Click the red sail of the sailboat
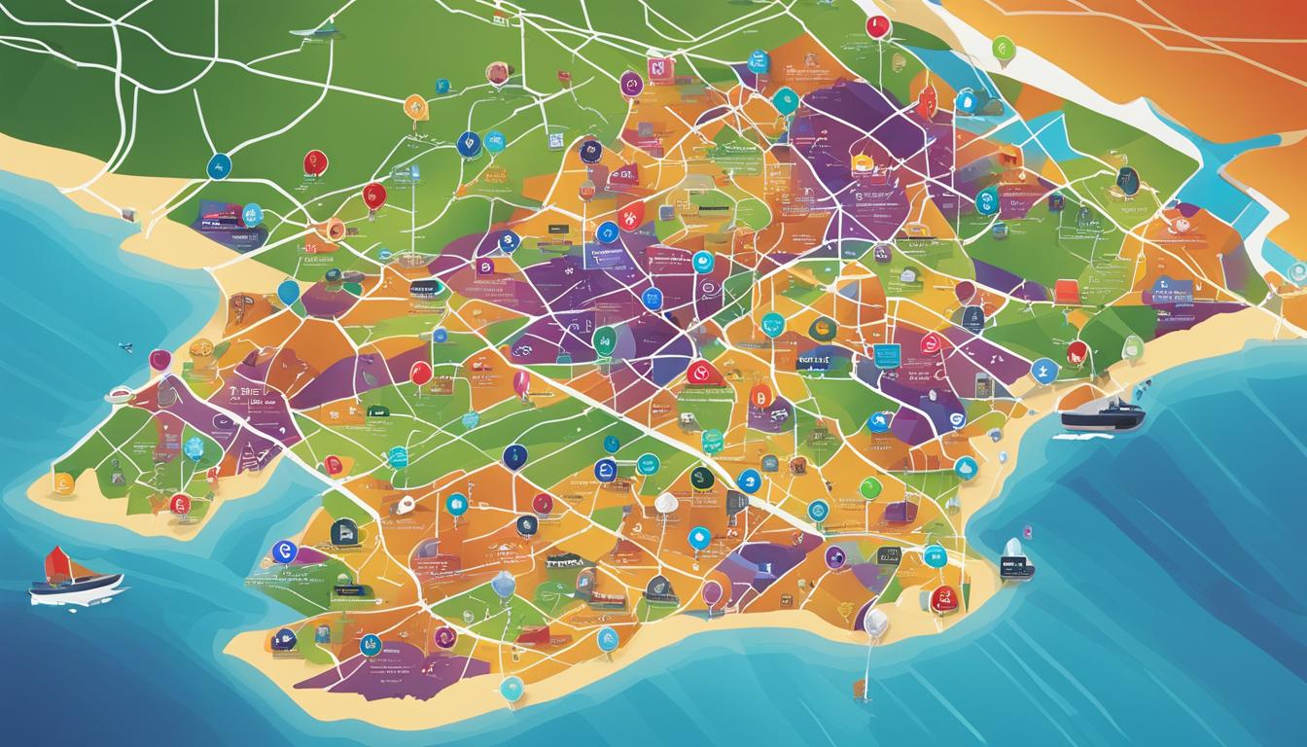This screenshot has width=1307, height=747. pos(56,563)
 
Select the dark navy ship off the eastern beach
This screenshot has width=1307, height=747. pos(1101,416)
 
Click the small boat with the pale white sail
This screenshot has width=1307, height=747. pos(1014,559)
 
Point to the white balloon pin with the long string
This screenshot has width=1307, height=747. pos(874,622)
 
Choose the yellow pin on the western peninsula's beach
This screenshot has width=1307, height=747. pos(63,482)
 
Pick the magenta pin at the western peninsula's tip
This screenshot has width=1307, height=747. pos(159,361)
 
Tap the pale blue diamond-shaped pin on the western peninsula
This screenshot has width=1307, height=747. pos(194,447)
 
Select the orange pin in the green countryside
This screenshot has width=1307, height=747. pos(415,107)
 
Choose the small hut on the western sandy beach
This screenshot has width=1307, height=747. pos(119,394)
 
